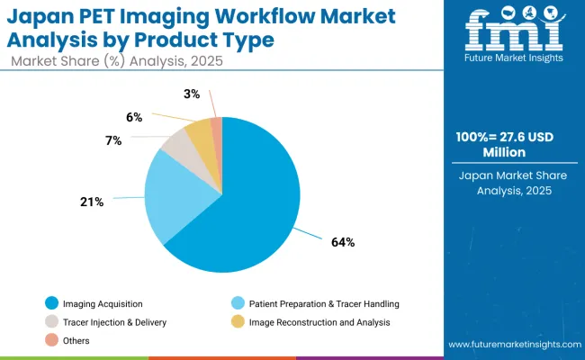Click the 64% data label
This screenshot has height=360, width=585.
tap(343, 242)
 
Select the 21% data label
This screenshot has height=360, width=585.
tap(92, 202)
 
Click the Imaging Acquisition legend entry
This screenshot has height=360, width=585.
tap(94, 303)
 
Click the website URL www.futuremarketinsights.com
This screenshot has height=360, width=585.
tap(513, 345)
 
